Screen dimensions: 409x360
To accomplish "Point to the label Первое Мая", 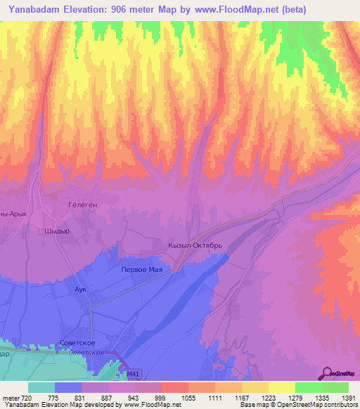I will pos(143,270).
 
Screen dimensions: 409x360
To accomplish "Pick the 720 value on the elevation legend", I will pos(27,398).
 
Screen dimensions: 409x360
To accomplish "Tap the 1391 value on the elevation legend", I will pos(347,398).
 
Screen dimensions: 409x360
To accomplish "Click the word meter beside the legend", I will pos(10,398).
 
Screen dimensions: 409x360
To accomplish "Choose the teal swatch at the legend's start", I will pos(41,387).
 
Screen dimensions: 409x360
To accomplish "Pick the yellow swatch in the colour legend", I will pos(281,387).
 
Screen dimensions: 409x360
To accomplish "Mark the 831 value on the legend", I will pos(81,398).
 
